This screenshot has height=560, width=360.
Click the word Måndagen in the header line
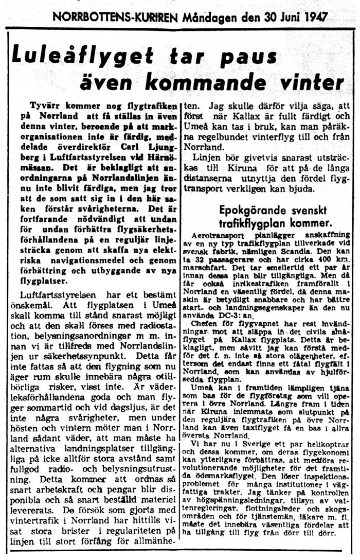[212, 17]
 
